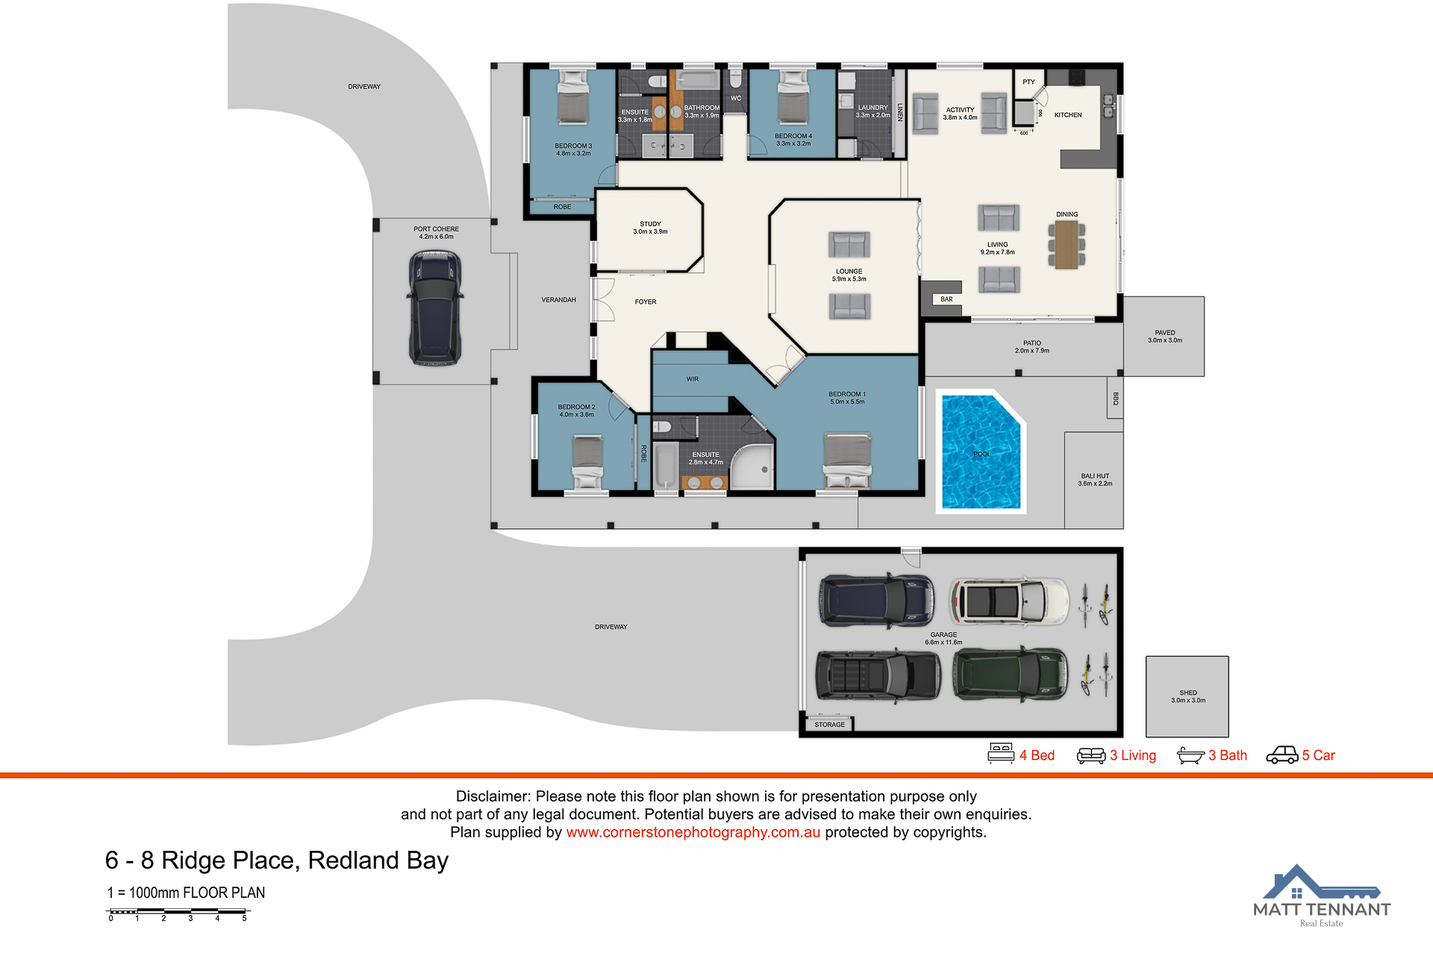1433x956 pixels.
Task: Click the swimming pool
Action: [x=981, y=452]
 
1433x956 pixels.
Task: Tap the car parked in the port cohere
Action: [x=435, y=307]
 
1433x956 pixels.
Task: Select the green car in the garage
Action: [x=1011, y=674]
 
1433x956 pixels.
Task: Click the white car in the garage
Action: [x=1009, y=601]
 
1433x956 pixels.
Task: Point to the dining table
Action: [x=1067, y=245]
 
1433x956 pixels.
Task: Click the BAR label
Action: [x=946, y=299]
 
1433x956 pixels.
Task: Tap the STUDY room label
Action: [x=650, y=224]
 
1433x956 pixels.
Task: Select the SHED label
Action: [x=1188, y=693]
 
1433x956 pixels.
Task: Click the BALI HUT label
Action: [x=1095, y=476]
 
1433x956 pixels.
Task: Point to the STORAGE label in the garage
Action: [x=830, y=725]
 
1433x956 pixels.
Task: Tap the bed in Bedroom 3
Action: [x=573, y=98]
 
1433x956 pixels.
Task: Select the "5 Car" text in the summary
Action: [x=1318, y=755]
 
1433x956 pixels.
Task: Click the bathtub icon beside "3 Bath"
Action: [x=1190, y=756]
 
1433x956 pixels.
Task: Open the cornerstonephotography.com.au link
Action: [x=693, y=832]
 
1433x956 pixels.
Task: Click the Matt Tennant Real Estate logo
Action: [x=1321, y=896]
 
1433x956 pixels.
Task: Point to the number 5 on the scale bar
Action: [x=244, y=919]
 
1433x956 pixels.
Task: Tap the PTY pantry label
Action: [x=1028, y=82]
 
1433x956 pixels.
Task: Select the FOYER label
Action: [x=646, y=302]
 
